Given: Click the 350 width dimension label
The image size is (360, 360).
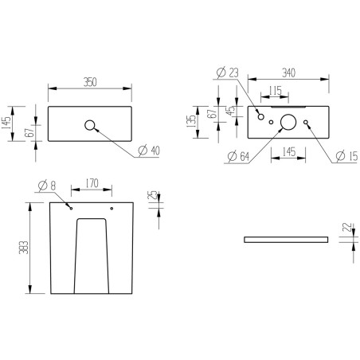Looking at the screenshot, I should tap(89, 80).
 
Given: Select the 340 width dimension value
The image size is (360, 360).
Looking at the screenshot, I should tap(289, 72).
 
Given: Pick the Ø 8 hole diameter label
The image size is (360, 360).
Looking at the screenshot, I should tap(47, 185).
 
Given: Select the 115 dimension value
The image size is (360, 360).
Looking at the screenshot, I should tap(275, 89).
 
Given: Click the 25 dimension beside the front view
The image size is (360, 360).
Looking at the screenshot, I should tap(151, 196).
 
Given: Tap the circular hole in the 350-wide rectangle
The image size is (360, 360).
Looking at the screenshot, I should tap(90, 125).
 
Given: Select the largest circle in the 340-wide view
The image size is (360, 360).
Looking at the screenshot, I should tap(288, 122).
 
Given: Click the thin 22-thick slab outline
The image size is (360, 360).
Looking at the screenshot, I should tap(286, 238).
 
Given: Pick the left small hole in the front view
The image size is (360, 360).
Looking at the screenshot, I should tap(71, 208).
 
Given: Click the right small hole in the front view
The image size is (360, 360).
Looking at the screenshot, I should tap(112, 208).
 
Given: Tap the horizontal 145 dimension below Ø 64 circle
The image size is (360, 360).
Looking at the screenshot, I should tap(289, 151).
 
